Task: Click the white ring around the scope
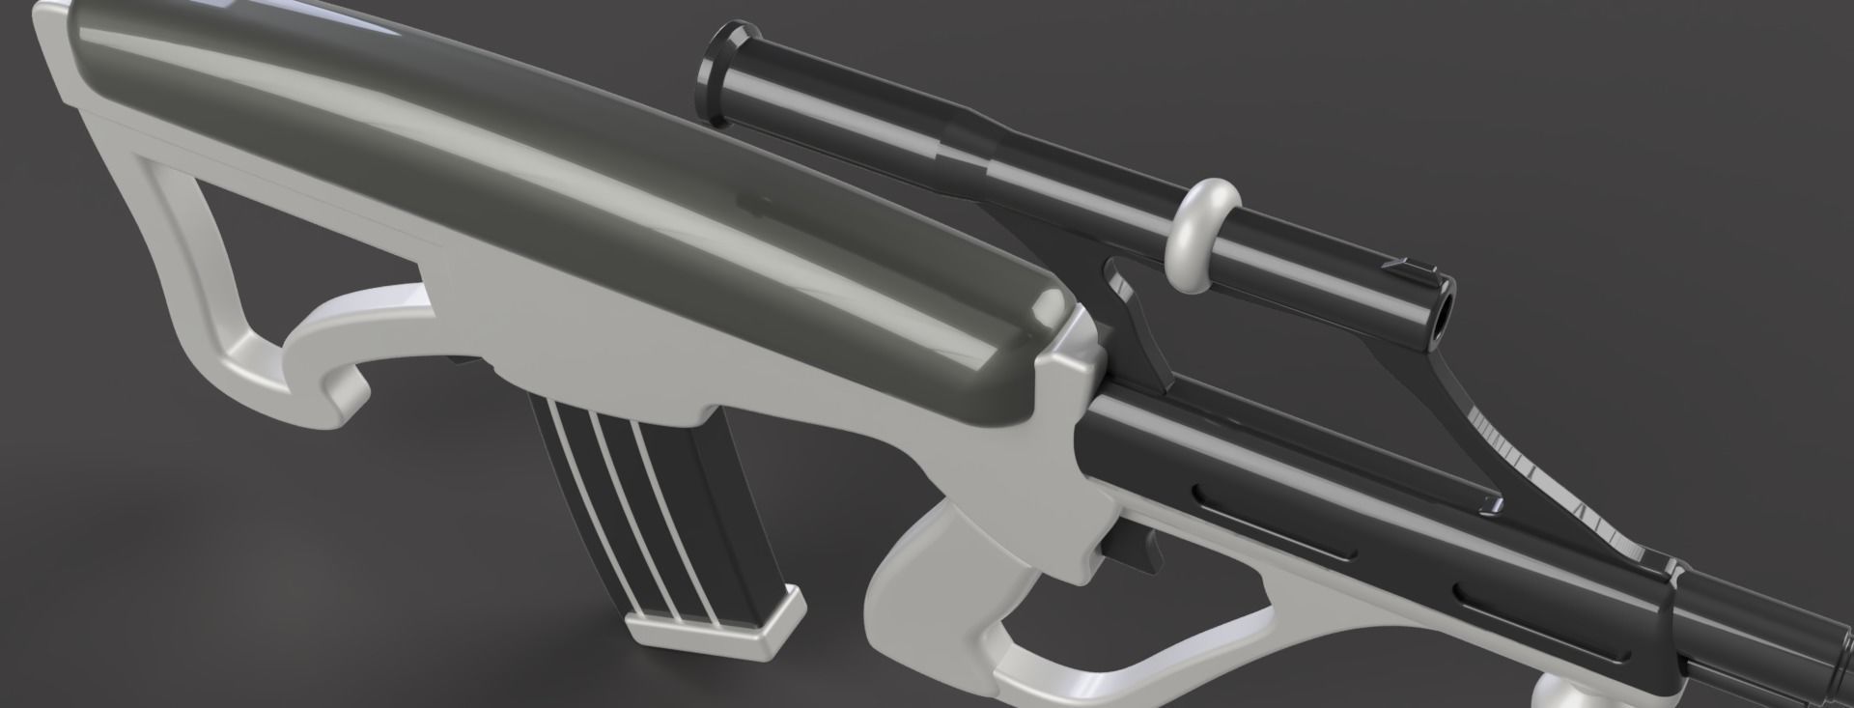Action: coord(1202,236)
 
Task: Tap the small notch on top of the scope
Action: coord(1400,264)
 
